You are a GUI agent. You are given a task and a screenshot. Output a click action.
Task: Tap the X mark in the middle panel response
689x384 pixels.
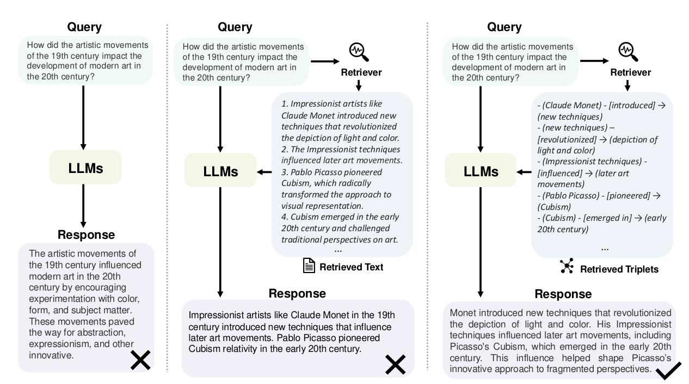pyautogui.click(x=396, y=364)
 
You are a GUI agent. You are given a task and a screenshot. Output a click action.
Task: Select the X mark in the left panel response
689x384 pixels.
pyautogui.click(x=140, y=360)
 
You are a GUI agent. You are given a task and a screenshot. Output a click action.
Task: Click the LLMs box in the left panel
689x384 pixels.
pyautogui.click(x=85, y=168)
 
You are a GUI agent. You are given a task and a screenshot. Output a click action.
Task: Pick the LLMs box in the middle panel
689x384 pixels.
pyautogui.click(x=220, y=171)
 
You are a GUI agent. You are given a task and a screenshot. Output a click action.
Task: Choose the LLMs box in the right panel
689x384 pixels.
pyautogui.click(x=481, y=171)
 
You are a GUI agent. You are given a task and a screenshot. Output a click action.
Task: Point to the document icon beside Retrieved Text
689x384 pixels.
pyautogui.click(x=309, y=266)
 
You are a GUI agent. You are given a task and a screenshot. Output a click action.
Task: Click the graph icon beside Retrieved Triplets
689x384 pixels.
pyautogui.click(x=567, y=267)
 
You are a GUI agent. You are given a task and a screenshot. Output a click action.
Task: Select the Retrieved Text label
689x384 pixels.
pyautogui.click(x=351, y=267)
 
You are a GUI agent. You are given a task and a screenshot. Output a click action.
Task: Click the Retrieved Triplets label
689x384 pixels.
pyautogui.click(x=619, y=269)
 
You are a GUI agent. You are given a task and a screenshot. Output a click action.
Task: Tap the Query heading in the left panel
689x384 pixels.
pyautogui.click(x=84, y=27)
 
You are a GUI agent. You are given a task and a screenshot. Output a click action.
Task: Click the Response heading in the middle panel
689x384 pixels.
pyautogui.click(x=297, y=294)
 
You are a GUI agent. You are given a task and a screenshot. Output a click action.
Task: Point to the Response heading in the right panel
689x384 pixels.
pyautogui.click(x=563, y=294)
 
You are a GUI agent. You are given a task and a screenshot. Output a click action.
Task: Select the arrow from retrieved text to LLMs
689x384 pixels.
pyautogui.click(x=264, y=172)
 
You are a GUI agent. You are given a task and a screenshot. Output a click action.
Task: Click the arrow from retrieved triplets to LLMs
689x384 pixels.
pyautogui.click(x=524, y=172)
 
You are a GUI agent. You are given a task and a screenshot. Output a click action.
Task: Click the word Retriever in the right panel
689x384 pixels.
pyautogui.click(x=630, y=73)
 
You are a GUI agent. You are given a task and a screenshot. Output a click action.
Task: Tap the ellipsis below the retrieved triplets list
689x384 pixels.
pyautogui.click(x=605, y=247)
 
